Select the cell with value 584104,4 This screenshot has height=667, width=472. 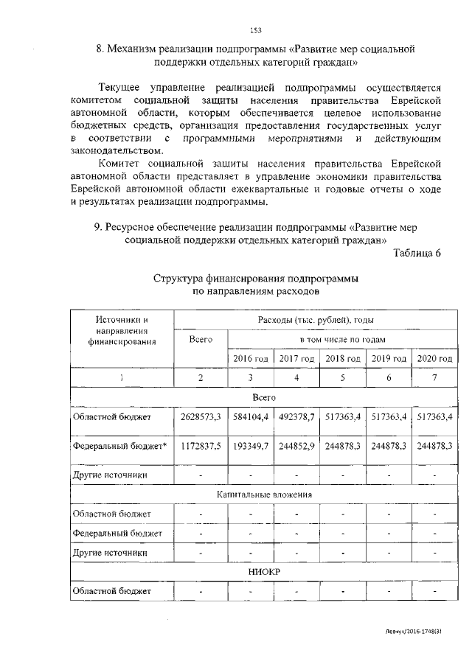251,417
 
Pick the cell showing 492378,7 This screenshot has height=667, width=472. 297,417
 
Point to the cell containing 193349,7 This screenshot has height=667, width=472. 251,447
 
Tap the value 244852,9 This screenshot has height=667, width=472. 297,447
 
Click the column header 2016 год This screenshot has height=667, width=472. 251,358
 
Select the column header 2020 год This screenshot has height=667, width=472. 435,358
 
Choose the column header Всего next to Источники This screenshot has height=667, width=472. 201,339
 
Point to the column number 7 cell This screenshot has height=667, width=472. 435,378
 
